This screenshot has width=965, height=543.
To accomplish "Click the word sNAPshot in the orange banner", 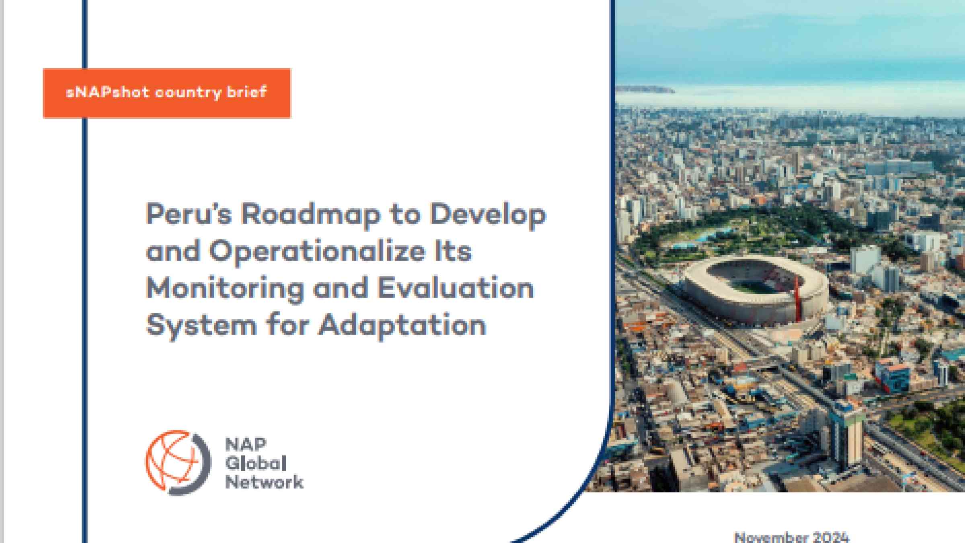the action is (x=108, y=93).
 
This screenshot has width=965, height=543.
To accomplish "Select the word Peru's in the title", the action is (x=189, y=214).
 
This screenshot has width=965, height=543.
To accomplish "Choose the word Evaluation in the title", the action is (x=456, y=288).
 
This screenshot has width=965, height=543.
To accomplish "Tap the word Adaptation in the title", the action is (x=402, y=326).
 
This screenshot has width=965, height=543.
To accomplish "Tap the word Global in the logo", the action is (x=256, y=463).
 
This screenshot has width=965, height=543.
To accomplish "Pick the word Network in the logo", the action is (x=264, y=482).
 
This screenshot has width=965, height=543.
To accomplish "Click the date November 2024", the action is (x=792, y=537).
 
